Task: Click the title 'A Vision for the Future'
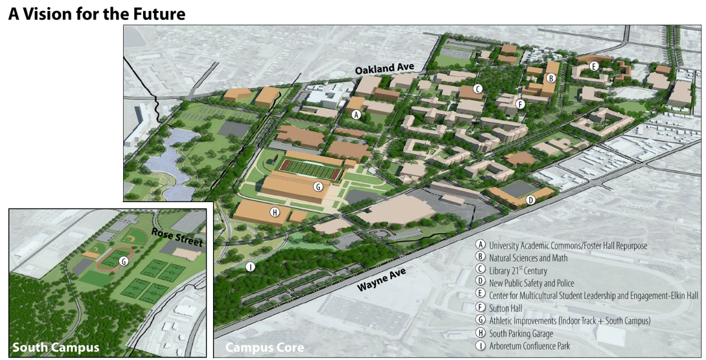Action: tap(97, 13)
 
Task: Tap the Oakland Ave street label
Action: tap(389, 68)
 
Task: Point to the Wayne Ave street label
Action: tap(381, 280)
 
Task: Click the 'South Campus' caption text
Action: tap(56, 348)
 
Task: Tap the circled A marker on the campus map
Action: tap(355, 115)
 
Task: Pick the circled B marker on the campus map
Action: tap(550, 78)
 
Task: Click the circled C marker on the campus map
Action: tap(477, 89)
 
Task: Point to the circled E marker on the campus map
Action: tap(593, 65)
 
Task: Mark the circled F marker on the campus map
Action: tap(519, 103)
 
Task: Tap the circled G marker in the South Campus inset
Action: tap(123, 261)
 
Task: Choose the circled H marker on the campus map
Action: tap(275, 212)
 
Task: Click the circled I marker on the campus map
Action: tap(251, 266)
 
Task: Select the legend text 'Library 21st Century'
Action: tap(518, 271)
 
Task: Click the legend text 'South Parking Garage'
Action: tap(521, 333)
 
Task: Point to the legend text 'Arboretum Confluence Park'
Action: tap(529, 346)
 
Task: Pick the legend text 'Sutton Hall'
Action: tap(505, 308)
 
